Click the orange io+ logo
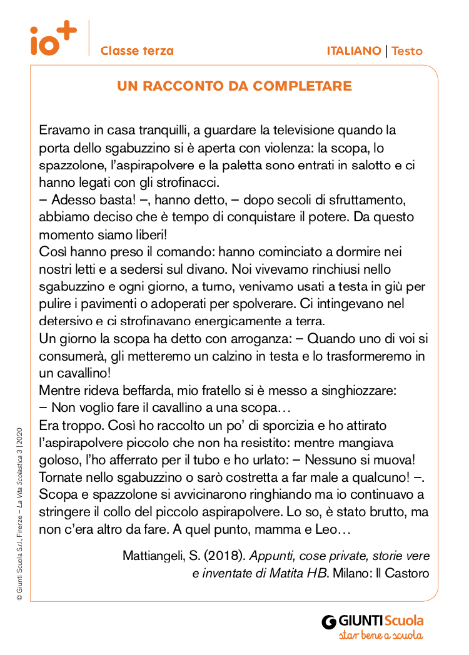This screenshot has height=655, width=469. pyautogui.click(x=53, y=39)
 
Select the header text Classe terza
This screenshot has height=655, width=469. pyautogui.click(x=137, y=51)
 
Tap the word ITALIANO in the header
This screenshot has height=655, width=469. pyautogui.click(x=353, y=51)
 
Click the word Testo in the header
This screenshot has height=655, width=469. pyautogui.click(x=407, y=51)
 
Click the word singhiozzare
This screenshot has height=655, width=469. pyautogui.click(x=356, y=391)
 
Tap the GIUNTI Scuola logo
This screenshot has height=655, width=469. pyautogui.click(x=373, y=621)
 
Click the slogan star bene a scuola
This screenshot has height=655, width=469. pyautogui.click(x=380, y=636)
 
